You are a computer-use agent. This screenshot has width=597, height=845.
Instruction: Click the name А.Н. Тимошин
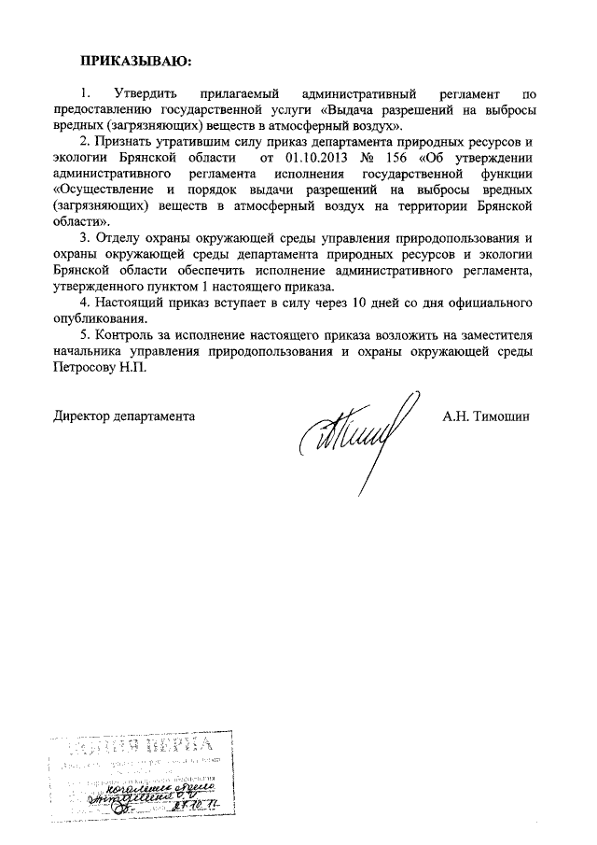tap(485, 415)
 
